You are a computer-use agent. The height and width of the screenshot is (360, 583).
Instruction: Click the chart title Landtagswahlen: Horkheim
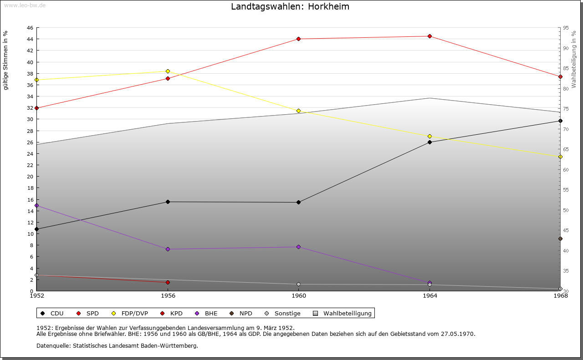click(x=290, y=6)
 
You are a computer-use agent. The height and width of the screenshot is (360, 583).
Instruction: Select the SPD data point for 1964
click(x=430, y=36)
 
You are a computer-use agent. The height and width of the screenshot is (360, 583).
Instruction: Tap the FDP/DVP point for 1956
click(x=168, y=71)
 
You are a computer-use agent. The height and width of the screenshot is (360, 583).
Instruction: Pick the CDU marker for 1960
click(x=298, y=202)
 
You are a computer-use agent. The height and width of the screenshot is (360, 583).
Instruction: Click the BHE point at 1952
click(x=36, y=206)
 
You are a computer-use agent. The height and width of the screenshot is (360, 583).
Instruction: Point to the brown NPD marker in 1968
click(x=560, y=238)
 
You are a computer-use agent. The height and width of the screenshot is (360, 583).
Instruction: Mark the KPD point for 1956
click(x=168, y=282)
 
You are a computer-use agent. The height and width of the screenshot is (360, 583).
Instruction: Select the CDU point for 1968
click(x=560, y=121)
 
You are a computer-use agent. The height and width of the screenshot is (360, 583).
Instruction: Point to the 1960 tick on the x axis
click(x=298, y=296)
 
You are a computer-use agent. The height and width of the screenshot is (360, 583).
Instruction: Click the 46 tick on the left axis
click(x=30, y=28)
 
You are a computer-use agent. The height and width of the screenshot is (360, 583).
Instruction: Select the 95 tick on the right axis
click(x=566, y=28)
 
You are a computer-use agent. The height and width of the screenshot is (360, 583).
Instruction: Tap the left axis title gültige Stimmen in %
click(x=5, y=60)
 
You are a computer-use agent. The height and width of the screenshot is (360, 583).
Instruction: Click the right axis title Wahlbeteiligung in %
click(x=573, y=59)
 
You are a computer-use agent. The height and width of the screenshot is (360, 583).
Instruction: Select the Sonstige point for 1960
click(x=298, y=284)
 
